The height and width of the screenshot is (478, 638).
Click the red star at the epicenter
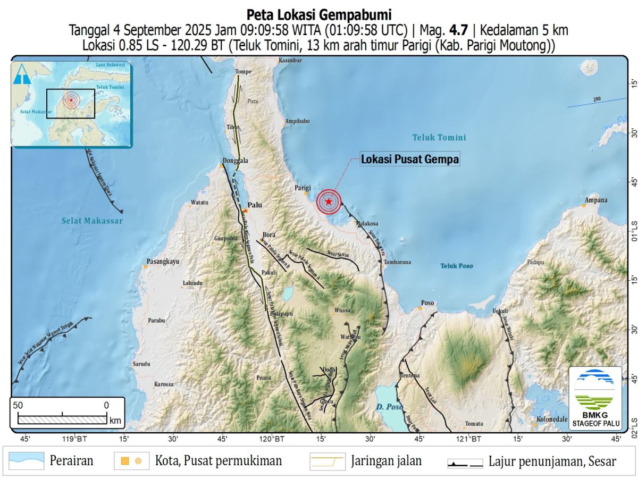(x=329, y=202)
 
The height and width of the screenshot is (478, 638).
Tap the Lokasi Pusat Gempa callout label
(x=409, y=159)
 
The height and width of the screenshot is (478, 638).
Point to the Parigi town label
(x=302, y=188)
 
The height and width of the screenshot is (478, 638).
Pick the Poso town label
(x=427, y=303)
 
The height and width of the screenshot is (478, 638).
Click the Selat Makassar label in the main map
(x=92, y=221)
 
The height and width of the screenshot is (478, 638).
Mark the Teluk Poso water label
(x=456, y=266)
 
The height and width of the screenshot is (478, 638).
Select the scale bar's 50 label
(x=18, y=405)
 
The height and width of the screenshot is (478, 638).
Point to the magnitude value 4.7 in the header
(x=459, y=31)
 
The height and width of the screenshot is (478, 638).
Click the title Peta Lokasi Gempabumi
(x=319, y=14)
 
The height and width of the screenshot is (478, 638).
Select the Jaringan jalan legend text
(x=386, y=460)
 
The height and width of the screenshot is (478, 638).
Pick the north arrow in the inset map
(x=22, y=74)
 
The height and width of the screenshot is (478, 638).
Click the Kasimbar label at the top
(x=290, y=61)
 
